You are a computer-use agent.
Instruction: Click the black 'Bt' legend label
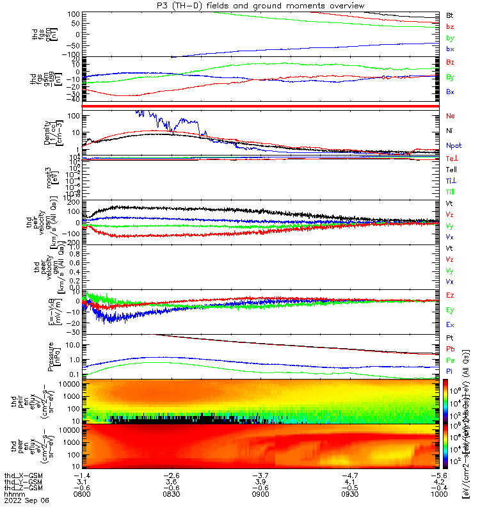point(451,14)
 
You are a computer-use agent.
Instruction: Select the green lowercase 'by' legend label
point(451,38)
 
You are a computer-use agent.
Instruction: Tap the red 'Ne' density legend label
point(451,116)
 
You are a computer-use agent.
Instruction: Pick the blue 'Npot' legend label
point(454,145)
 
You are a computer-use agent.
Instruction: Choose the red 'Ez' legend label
point(451,295)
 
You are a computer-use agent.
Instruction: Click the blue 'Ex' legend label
point(451,324)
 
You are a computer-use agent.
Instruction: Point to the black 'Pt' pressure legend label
point(450,338)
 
